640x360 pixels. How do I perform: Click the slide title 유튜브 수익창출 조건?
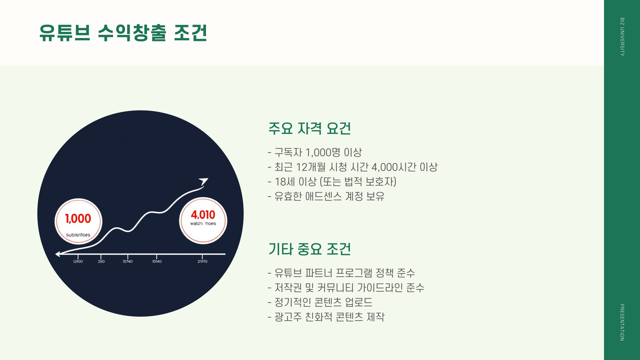point(123,33)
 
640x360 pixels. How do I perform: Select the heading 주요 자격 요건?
point(309,128)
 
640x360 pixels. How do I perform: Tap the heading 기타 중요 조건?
point(309,249)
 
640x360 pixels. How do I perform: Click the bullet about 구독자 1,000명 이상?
point(315,152)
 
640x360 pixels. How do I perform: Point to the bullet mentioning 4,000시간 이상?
point(353,167)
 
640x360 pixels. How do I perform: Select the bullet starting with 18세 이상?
point(332,182)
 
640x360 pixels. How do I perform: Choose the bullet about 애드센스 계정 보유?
point(326,196)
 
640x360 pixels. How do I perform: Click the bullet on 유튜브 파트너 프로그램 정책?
point(341,273)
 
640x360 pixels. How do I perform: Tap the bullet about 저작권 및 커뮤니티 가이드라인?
point(346,288)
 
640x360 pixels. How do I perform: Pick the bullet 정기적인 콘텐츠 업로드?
point(320,302)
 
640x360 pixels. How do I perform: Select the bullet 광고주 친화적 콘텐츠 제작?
point(326,317)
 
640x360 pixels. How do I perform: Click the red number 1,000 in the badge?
point(78,219)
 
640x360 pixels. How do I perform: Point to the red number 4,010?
point(203,215)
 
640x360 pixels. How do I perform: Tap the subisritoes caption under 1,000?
point(78,235)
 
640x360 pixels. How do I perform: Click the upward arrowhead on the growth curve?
point(203,181)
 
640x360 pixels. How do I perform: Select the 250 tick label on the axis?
point(101,262)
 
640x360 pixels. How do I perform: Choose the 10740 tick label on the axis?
point(128,262)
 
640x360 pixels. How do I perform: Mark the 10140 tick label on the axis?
point(157,262)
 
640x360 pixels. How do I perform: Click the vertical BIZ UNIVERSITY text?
point(622,37)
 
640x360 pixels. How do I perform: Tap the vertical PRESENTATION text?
point(622,322)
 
